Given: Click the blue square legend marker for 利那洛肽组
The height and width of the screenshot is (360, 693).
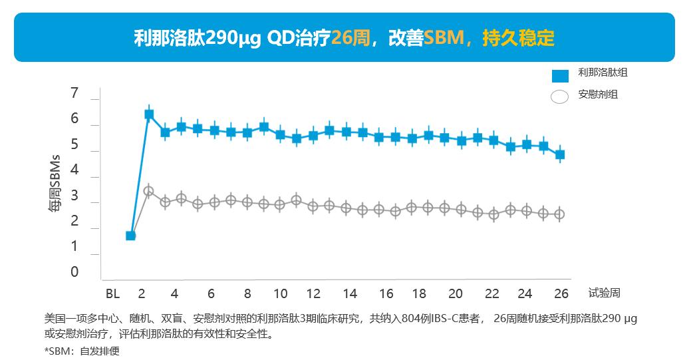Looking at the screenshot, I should pos(560,75).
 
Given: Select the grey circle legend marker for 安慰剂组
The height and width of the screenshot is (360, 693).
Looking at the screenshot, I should pos(560,96).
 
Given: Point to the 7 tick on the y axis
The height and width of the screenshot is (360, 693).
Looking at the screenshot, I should pos(74,93).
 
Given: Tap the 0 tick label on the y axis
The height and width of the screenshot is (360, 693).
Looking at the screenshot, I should pos(74,271).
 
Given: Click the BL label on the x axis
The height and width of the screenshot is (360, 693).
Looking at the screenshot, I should pos(112,293).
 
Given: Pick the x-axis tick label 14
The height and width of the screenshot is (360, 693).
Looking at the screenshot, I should pos(350,293).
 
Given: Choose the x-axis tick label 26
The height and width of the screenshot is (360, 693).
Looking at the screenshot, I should pos(561,293).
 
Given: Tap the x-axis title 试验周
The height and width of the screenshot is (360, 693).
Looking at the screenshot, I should pos(604,293).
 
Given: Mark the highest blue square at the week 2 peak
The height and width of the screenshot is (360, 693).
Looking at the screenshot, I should pos(149,114).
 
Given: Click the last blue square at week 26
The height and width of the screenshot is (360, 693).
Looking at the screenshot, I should pos(560,154).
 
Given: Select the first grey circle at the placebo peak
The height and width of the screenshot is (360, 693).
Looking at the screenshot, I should pos(149,191).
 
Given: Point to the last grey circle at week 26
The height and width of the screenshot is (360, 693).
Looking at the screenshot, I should pos(560,214).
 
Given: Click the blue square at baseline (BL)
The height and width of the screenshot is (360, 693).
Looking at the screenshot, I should pos(131,236).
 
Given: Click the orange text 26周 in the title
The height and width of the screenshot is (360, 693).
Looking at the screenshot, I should pos(350,37).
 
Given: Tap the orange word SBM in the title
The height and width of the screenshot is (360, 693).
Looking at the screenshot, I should pos(444,37).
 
